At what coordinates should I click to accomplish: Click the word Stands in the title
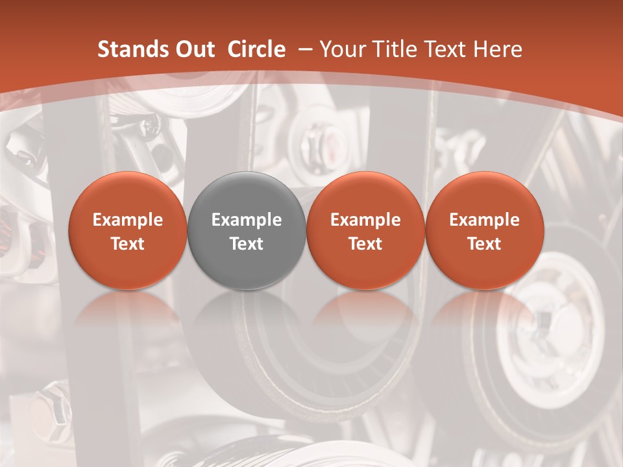(x=133, y=49)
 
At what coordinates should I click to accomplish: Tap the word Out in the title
(x=194, y=49)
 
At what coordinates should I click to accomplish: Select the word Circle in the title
(x=256, y=49)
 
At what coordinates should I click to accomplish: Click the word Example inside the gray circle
(x=247, y=220)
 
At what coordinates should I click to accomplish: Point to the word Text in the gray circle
(x=247, y=244)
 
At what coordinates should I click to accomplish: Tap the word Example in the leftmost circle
(x=128, y=220)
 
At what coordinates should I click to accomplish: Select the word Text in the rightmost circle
(x=484, y=244)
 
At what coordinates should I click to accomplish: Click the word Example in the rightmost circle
(x=484, y=220)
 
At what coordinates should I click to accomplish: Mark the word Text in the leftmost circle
(x=128, y=244)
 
